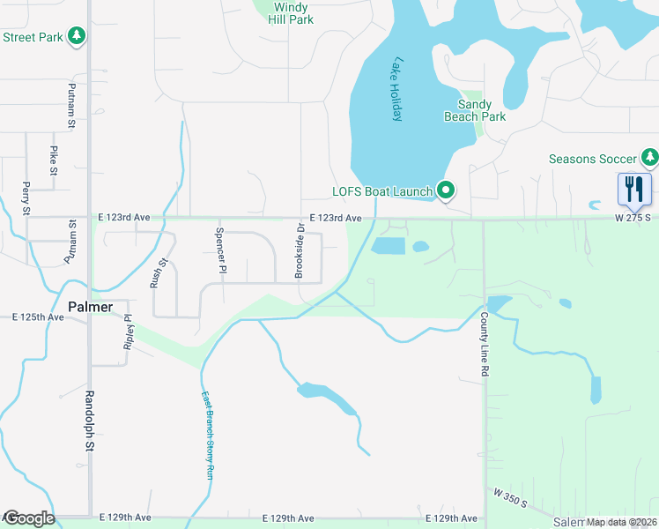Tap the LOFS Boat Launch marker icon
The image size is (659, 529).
point(446,190)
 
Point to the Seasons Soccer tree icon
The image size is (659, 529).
point(649,159)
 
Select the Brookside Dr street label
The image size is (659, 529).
point(300,251)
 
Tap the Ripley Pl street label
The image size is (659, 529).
point(128,331)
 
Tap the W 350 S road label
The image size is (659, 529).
point(510,499)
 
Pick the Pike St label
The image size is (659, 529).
point(53,160)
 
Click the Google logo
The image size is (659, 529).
point(29,518)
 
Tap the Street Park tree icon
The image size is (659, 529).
point(78,35)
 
